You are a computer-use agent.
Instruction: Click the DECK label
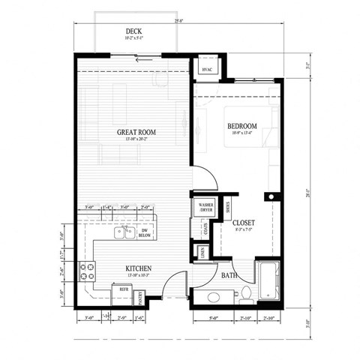[133, 32]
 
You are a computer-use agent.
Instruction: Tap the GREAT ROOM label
[135, 132]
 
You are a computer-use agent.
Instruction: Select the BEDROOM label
[241, 126]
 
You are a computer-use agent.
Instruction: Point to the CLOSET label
[243, 223]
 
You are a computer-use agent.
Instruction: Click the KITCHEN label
[139, 268]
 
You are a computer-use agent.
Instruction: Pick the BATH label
[229, 275]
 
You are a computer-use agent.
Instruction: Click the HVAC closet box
[208, 69]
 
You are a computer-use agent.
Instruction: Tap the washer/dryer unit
[203, 206]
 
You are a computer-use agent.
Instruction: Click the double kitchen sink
[124, 232]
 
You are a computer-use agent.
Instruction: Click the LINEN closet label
[206, 255]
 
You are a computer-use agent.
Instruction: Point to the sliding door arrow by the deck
[147, 57]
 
